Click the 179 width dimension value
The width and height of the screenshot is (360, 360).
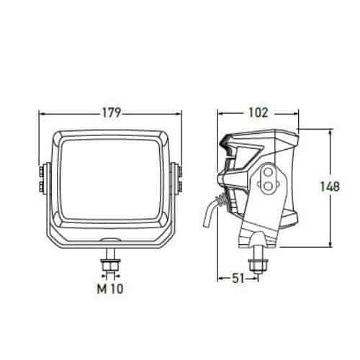click(112, 112)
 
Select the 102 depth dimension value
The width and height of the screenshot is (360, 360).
click(258, 112)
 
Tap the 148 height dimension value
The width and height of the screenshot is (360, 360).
click(330, 186)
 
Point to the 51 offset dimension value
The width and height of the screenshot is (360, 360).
click(238, 279)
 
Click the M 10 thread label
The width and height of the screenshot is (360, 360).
click(110, 289)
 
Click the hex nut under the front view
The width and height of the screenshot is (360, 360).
click(110, 264)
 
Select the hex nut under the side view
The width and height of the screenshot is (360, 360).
click(258, 265)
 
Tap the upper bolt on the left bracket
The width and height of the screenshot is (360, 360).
click(41, 171)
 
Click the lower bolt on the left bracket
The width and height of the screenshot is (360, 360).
click(41, 186)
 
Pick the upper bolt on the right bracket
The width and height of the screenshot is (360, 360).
click(179, 171)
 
